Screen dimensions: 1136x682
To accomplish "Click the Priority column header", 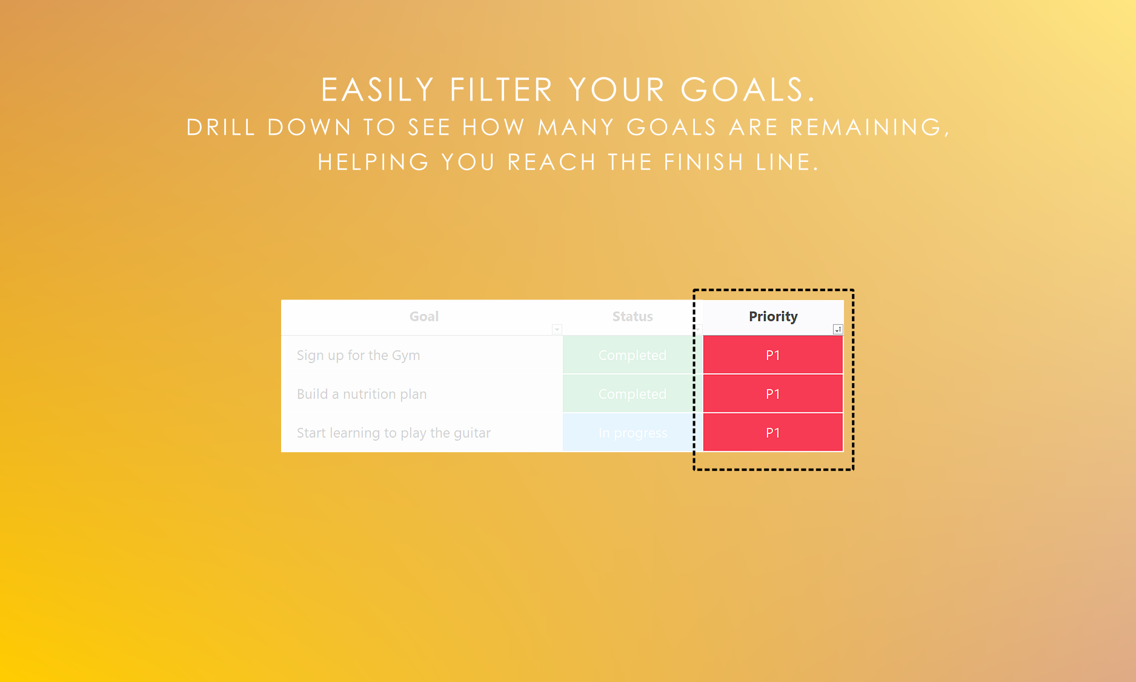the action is click(773, 317).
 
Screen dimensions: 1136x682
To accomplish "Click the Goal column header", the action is click(424, 317).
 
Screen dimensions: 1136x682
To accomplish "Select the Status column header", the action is click(633, 317).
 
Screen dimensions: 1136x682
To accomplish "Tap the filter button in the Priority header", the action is click(837, 329).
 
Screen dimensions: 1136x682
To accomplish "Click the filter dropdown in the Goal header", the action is click(557, 329).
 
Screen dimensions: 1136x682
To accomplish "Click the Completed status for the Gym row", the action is click(633, 355).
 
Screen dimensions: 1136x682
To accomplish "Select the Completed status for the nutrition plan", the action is click(633, 394).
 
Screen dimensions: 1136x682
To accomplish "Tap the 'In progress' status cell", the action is click(633, 433).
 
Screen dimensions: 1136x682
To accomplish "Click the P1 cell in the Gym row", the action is click(773, 355).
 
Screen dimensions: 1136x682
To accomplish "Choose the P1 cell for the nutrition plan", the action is click(773, 394).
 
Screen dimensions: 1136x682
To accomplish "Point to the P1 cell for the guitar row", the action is click(773, 433).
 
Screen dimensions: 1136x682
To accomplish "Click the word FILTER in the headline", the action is click(501, 90).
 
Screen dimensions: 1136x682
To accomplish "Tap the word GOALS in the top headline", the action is click(748, 90).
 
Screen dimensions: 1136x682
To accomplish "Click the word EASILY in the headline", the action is click(377, 90).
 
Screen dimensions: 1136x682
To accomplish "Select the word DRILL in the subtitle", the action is click(221, 127).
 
